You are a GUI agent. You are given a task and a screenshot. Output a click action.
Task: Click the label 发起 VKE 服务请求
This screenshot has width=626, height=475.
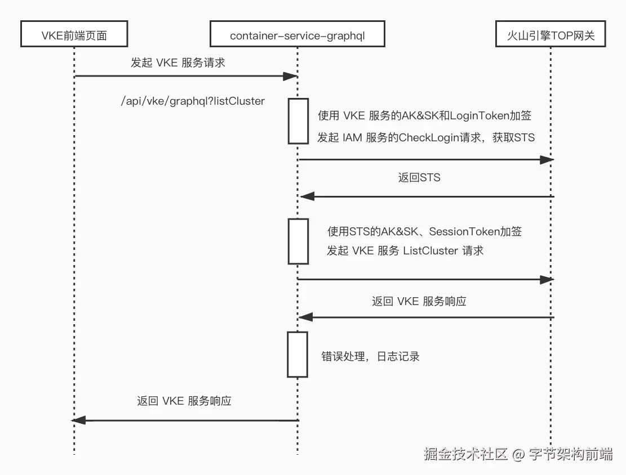click(x=177, y=63)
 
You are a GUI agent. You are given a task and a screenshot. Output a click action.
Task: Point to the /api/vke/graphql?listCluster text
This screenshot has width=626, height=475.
click(x=193, y=101)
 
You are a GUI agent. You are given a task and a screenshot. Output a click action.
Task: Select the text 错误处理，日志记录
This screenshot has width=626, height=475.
click(x=370, y=356)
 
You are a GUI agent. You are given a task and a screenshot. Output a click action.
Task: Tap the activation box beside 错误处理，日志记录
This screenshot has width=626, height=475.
click(x=298, y=354)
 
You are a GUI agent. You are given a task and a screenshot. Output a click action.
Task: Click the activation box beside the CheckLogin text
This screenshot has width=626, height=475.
click(x=299, y=121)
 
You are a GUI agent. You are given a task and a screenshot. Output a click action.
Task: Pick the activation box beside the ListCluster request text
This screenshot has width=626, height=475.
click(x=299, y=241)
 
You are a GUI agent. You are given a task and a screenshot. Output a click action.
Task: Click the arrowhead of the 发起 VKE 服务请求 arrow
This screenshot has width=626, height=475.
click(x=290, y=76)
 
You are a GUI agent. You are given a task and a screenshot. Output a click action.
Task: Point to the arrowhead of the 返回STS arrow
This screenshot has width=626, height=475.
click(x=307, y=196)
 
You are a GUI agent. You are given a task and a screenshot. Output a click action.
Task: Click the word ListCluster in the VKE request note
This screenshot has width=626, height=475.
click(x=430, y=251)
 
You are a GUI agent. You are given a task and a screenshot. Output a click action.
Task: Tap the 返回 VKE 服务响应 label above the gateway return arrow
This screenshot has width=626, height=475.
click(x=419, y=301)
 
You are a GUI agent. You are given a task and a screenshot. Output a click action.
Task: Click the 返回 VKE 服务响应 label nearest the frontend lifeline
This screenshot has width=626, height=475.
click(x=184, y=401)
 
